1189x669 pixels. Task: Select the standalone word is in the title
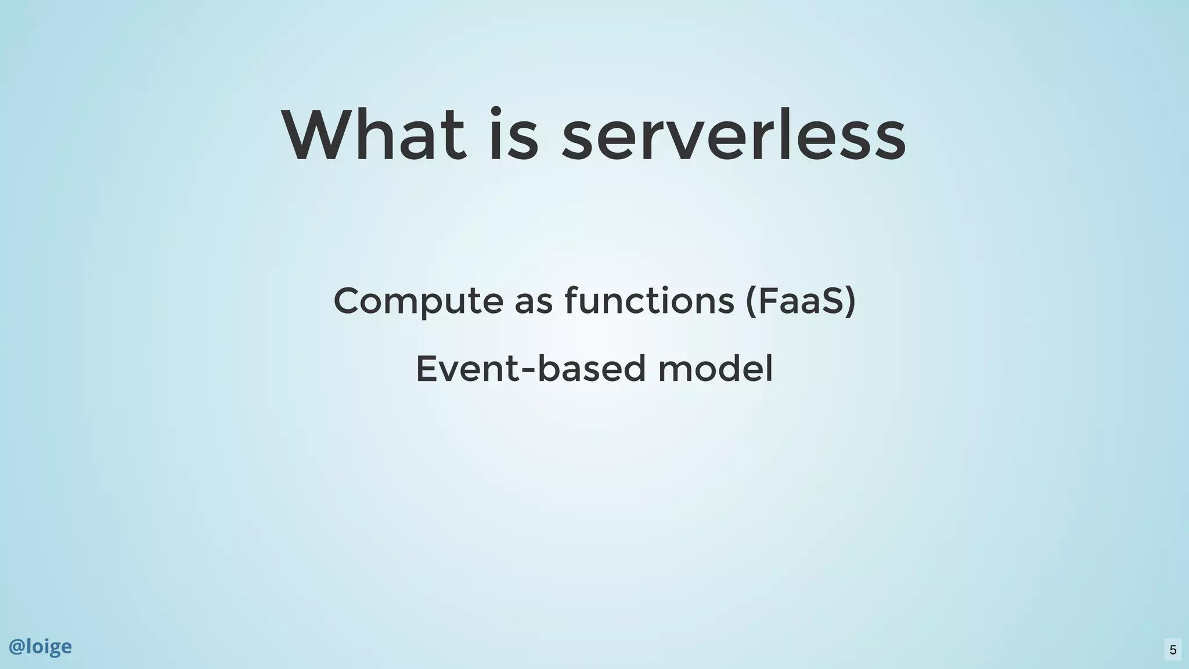coord(513,135)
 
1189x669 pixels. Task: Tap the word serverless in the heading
coord(733,135)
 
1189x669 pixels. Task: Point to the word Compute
coord(418,301)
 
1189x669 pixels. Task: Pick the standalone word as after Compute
coord(534,303)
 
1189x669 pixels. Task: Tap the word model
coord(715,368)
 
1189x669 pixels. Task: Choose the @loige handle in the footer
coord(40,646)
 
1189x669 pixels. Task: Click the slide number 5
coord(1173,650)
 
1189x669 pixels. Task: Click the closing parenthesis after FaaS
coord(851,301)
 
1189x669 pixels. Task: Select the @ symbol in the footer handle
coord(16,647)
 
